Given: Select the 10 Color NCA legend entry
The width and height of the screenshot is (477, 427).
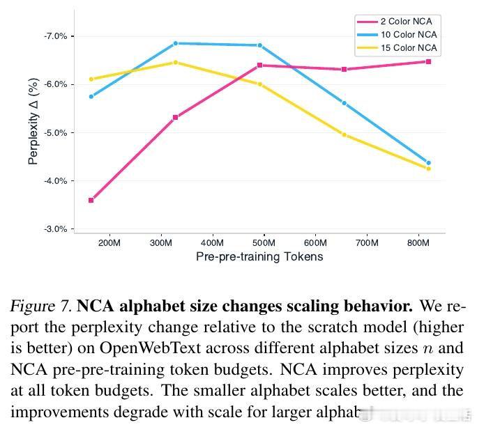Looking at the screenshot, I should [x=408, y=35].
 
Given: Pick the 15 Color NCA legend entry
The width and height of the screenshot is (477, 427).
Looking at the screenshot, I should [x=408, y=48].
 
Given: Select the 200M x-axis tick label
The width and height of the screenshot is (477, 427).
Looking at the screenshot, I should [x=109, y=243].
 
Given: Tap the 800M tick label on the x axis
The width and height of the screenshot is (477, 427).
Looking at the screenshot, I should [x=418, y=243].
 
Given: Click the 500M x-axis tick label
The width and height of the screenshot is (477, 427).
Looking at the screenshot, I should [x=264, y=243].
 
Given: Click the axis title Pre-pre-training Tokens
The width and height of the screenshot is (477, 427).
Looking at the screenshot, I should [x=259, y=256].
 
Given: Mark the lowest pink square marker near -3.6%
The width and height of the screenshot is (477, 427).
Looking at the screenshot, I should [x=91, y=201].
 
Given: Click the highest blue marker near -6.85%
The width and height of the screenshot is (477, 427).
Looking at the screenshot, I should [x=176, y=43].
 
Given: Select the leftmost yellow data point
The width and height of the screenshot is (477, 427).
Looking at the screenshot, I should [x=91, y=79].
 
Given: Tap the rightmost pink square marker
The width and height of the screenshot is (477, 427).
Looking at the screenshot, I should [x=428, y=62].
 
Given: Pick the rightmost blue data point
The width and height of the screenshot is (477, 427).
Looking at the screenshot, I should [x=428, y=163].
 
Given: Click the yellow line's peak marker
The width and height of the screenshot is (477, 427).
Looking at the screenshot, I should [x=176, y=63].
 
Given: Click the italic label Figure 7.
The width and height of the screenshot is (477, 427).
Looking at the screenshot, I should [x=40, y=306].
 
